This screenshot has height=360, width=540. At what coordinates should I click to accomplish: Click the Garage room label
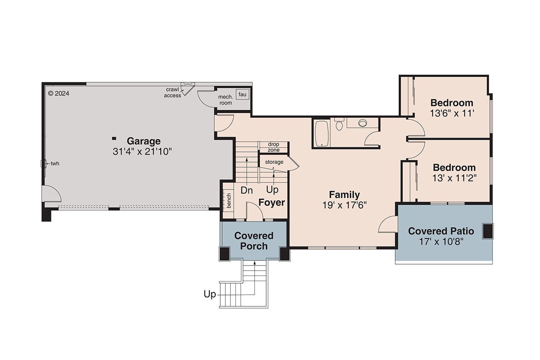click(143, 141)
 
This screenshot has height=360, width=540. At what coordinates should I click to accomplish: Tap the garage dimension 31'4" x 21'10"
click(143, 152)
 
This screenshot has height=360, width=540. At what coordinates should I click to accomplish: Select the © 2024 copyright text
click(59, 93)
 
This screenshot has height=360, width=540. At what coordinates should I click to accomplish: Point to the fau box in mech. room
click(242, 94)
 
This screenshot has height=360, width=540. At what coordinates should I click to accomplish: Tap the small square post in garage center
click(113, 138)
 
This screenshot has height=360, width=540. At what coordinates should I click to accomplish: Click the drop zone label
click(273, 147)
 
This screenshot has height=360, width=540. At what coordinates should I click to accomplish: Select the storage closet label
click(274, 162)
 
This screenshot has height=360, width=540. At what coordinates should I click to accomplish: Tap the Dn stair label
click(247, 190)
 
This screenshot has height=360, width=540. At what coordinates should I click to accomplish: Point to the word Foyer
click(272, 203)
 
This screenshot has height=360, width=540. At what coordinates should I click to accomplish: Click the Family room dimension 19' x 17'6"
click(345, 205)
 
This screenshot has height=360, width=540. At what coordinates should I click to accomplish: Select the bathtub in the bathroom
click(322, 133)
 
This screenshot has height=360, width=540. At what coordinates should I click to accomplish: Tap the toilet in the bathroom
click(339, 125)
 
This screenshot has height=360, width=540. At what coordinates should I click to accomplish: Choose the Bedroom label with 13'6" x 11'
click(452, 103)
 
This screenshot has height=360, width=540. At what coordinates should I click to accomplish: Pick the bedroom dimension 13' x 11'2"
click(454, 178)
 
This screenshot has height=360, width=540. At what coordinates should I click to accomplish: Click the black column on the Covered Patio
click(488, 231)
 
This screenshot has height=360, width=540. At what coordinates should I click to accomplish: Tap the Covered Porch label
click(254, 241)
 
